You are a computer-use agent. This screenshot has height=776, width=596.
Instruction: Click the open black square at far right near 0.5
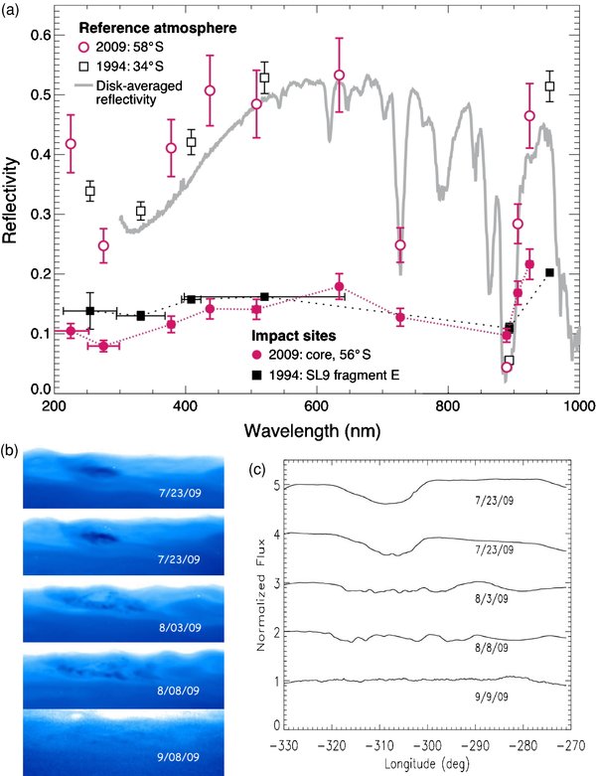549,86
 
